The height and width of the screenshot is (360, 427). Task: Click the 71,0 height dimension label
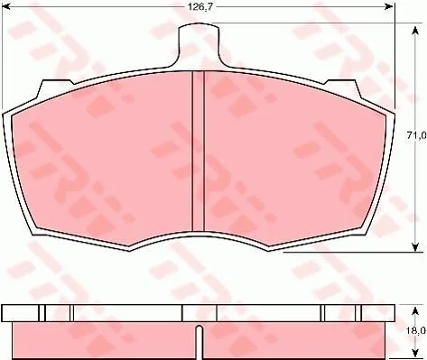pyautogui.click(x=415, y=135)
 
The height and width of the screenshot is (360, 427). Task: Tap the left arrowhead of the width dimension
pyautogui.click(x=6, y=6)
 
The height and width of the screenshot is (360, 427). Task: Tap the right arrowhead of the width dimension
pyautogui.click(x=390, y=6)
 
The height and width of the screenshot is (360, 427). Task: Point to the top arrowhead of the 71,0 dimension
pyautogui.click(x=415, y=31)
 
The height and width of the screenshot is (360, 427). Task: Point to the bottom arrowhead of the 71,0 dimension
pyautogui.click(x=415, y=247)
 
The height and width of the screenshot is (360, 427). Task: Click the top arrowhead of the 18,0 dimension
pyautogui.click(x=415, y=311)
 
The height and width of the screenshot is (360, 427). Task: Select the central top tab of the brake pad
pyautogui.click(x=199, y=45)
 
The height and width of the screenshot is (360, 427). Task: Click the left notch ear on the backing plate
pyautogui.click(x=55, y=88)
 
